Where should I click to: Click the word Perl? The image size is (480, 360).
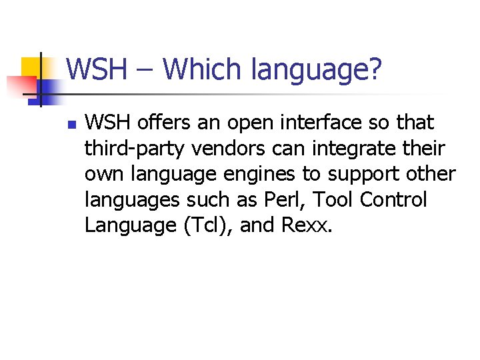(x=288, y=199)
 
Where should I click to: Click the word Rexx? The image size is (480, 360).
(x=306, y=225)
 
